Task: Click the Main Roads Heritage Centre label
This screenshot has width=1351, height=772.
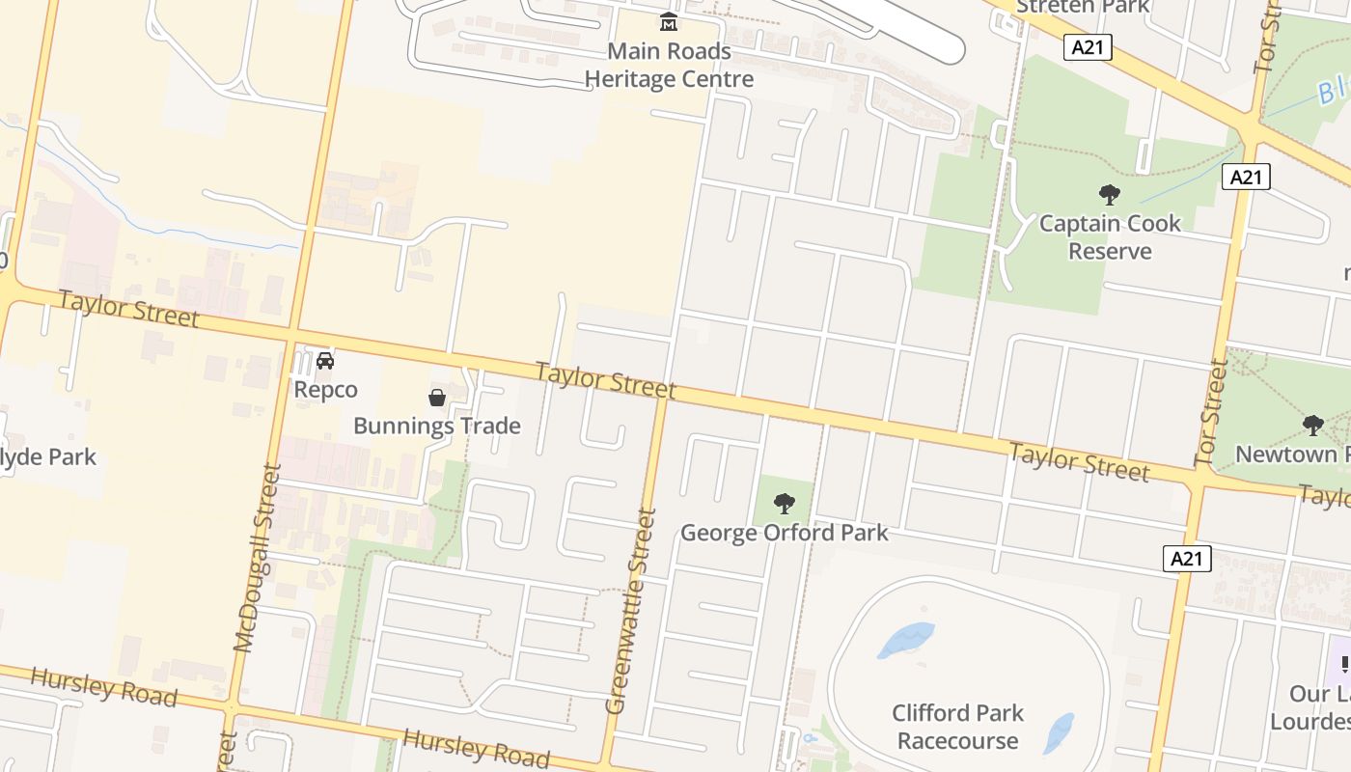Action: point(669,65)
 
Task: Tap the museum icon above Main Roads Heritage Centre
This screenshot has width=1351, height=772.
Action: point(669,21)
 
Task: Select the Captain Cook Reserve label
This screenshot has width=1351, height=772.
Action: point(1110,237)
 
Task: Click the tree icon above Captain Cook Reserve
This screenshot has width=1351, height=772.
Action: point(1110,195)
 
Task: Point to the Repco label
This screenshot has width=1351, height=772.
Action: point(325,390)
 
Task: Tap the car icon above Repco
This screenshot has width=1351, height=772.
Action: point(325,361)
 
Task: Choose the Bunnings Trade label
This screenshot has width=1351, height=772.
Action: point(437,426)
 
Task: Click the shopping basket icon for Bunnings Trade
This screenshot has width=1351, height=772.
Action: point(437,398)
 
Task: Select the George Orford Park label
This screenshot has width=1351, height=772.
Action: point(785,533)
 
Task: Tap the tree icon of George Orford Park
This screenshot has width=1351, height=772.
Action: point(785,503)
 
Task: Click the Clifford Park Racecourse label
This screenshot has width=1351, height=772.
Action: point(957,727)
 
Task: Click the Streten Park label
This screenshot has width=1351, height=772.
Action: point(1083,7)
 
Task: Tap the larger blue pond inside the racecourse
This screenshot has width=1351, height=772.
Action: point(906,639)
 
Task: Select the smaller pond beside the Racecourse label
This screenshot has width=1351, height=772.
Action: point(1059,731)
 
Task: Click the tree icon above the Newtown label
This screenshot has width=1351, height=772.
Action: point(1312,425)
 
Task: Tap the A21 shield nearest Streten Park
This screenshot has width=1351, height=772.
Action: point(1088,47)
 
